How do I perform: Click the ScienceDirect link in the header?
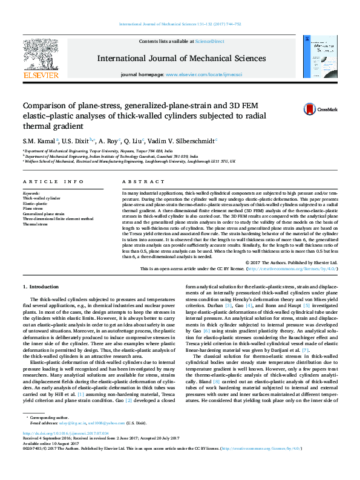210,41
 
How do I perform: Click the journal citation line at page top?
180,24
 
